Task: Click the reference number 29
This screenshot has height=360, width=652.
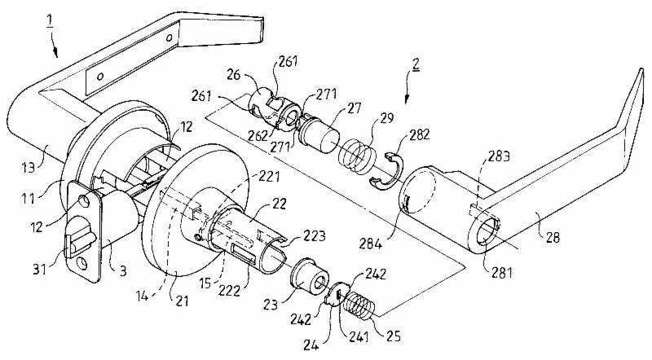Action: [x=386, y=119]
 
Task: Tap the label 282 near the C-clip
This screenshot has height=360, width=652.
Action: [x=419, y=134]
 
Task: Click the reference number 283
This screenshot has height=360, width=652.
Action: [x=499, y=156]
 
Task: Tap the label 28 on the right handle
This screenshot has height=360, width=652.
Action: [x=553, y=237]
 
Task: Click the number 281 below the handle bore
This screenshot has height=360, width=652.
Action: [x=502, y=272]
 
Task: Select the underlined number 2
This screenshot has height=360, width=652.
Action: [x=416, y=64]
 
